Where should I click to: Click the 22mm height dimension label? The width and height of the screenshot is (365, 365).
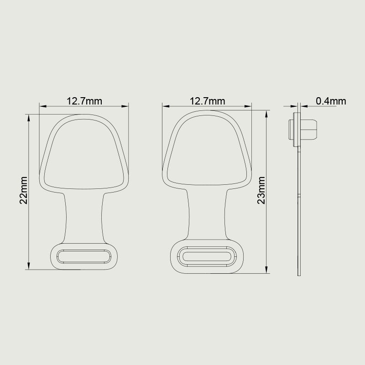pyautogui.click(x=24, y=190)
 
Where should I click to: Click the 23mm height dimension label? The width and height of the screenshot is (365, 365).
pyautogui.click(x=261, y=190)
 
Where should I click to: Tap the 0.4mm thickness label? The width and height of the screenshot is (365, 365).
pyautogui.click(x=331, y=101)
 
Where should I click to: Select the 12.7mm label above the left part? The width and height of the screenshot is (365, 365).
pyautogui.click(x=84, y=101)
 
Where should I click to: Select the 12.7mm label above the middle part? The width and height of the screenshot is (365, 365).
pyautogui.click(x=208, y=101)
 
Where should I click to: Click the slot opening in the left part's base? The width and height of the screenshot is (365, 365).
pyautogui.click(x=84, y=256)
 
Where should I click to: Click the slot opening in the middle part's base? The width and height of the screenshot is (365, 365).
pyautogui.click(x=207, y=256)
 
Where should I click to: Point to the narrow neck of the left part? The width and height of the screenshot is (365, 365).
pyautogui.click(x=84, y=218)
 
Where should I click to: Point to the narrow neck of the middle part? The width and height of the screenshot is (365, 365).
pyautogui.click(x=207, y=214)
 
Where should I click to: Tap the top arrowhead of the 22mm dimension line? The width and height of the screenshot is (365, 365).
pyautogui.click(x=29, y=118)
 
